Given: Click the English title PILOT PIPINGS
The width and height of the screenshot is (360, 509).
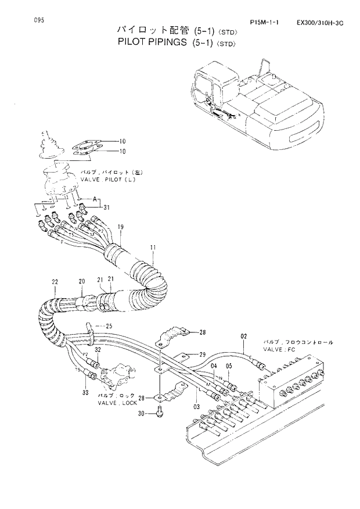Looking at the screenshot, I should click(x=153, y=42).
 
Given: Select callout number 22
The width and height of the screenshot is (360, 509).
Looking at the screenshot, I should click(x=55, y=282).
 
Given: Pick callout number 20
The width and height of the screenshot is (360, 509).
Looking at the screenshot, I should click(x=82, y=281).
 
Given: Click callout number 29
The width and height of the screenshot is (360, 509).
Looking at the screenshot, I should click(x=203, y=354).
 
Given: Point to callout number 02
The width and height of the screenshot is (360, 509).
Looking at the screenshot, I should click(x=244, y=336).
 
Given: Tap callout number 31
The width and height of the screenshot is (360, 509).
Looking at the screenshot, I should click(x=106, y=207).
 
